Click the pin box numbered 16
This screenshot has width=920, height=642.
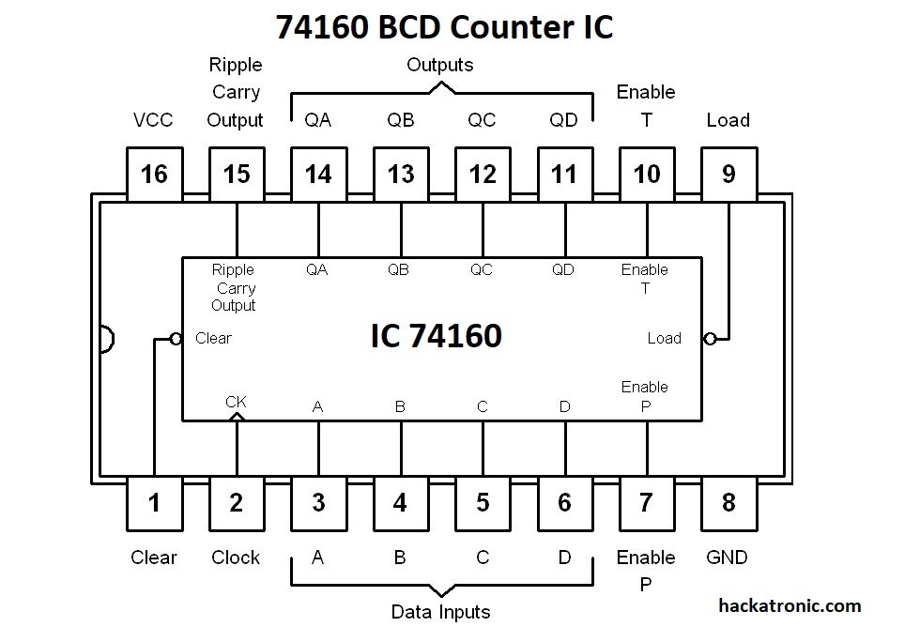(154, 174)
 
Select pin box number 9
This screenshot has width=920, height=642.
(728, 174)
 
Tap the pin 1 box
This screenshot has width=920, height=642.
(154, 502)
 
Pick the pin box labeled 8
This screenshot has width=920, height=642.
(728, 502)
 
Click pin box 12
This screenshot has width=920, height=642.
(483, 174)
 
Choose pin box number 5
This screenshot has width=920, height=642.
(483, 502)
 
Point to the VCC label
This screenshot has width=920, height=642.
(153, 120)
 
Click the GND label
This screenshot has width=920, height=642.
(727, 558)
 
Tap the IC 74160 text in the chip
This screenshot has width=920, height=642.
(436, 336)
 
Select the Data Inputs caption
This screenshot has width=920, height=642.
(440, 613)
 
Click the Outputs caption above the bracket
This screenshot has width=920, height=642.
(439, 65)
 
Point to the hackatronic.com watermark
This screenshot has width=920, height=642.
(789, 606)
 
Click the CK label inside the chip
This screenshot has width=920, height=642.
(236, 402)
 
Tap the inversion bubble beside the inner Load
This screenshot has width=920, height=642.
(710, 338)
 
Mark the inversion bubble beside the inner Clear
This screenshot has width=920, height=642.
(176, 338)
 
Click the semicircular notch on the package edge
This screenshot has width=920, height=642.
(106, 339)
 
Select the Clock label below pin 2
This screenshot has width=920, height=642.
(236, 558)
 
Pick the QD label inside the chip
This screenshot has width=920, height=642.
(563, 270)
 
